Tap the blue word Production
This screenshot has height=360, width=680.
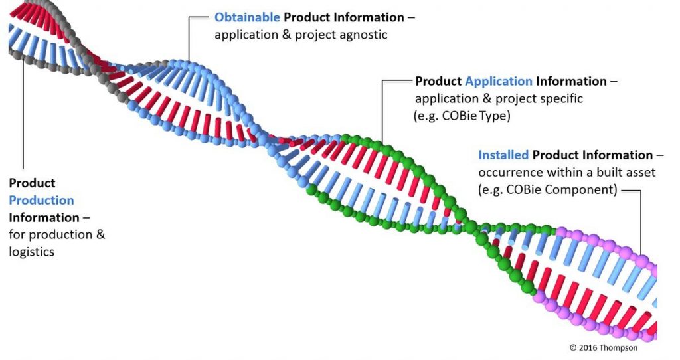41,200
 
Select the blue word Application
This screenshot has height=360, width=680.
499,82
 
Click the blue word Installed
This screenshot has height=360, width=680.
503,155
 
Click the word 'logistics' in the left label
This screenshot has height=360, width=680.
31,252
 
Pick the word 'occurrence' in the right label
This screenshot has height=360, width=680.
509,173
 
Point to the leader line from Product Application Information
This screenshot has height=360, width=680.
383,106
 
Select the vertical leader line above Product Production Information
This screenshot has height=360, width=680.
24,120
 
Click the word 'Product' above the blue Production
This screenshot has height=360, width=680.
32,183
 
